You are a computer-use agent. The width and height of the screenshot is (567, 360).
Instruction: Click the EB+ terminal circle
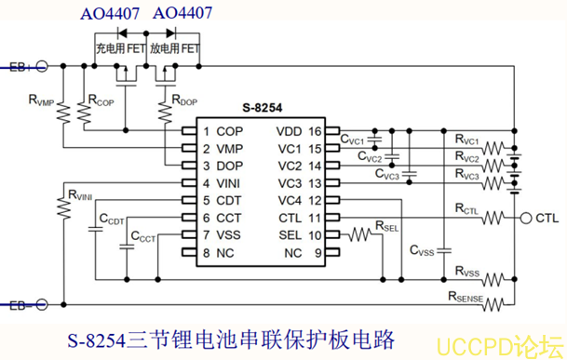click(42, 66)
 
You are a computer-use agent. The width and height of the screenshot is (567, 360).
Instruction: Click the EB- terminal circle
click(42, 305)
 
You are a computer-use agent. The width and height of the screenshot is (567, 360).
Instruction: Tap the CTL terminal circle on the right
click(526, 218)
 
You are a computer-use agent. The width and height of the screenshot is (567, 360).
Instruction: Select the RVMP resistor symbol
click(63, 113)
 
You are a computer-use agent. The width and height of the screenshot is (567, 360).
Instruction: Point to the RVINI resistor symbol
click(63, 207)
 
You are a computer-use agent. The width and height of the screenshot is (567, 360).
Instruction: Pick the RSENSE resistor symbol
click(493, 304)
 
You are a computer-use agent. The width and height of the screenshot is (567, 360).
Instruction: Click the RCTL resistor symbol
click(493, 218)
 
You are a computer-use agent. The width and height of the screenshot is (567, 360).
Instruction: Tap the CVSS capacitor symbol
click(444, 250)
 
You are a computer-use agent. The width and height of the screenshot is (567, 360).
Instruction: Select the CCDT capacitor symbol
click(96, 229)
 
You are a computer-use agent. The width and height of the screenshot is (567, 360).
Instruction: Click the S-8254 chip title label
click(263, 108)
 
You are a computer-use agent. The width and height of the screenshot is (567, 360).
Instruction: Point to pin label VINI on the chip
click(228, 183)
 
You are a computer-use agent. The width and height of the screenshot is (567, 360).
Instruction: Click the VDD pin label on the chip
click(289, 131)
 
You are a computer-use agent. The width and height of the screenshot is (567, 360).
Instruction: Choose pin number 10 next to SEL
click(315, 235)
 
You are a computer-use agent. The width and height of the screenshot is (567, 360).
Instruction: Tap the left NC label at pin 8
click(225, 253)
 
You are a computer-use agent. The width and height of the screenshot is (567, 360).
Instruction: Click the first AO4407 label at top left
click(110, 14)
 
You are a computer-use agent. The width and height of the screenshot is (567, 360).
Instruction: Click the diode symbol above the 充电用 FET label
click(122, 33)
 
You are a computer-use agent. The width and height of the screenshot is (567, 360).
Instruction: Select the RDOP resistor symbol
click(165, 113)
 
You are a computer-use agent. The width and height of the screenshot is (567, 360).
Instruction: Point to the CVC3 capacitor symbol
click(410, 174)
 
